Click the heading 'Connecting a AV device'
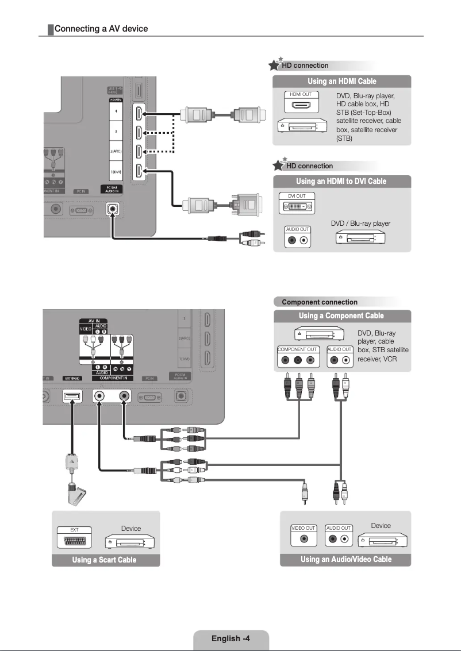pos(101,29)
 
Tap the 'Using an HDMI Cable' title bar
pos(341,81)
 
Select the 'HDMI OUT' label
pos(301,94)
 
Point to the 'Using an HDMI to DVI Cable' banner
pos(341,182)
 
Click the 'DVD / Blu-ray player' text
pos(360,223)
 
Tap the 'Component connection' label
pos(320,302)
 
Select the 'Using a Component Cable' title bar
pos(341,316)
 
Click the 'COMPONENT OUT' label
pos(298,349)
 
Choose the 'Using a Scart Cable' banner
pos(105,559)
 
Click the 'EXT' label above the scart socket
pos(74,529)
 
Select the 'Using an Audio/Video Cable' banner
pos(345,559)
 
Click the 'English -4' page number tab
pos(230,638)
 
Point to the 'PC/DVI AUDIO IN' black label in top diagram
pos(113,189)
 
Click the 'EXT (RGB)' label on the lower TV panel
pos(71,378)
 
